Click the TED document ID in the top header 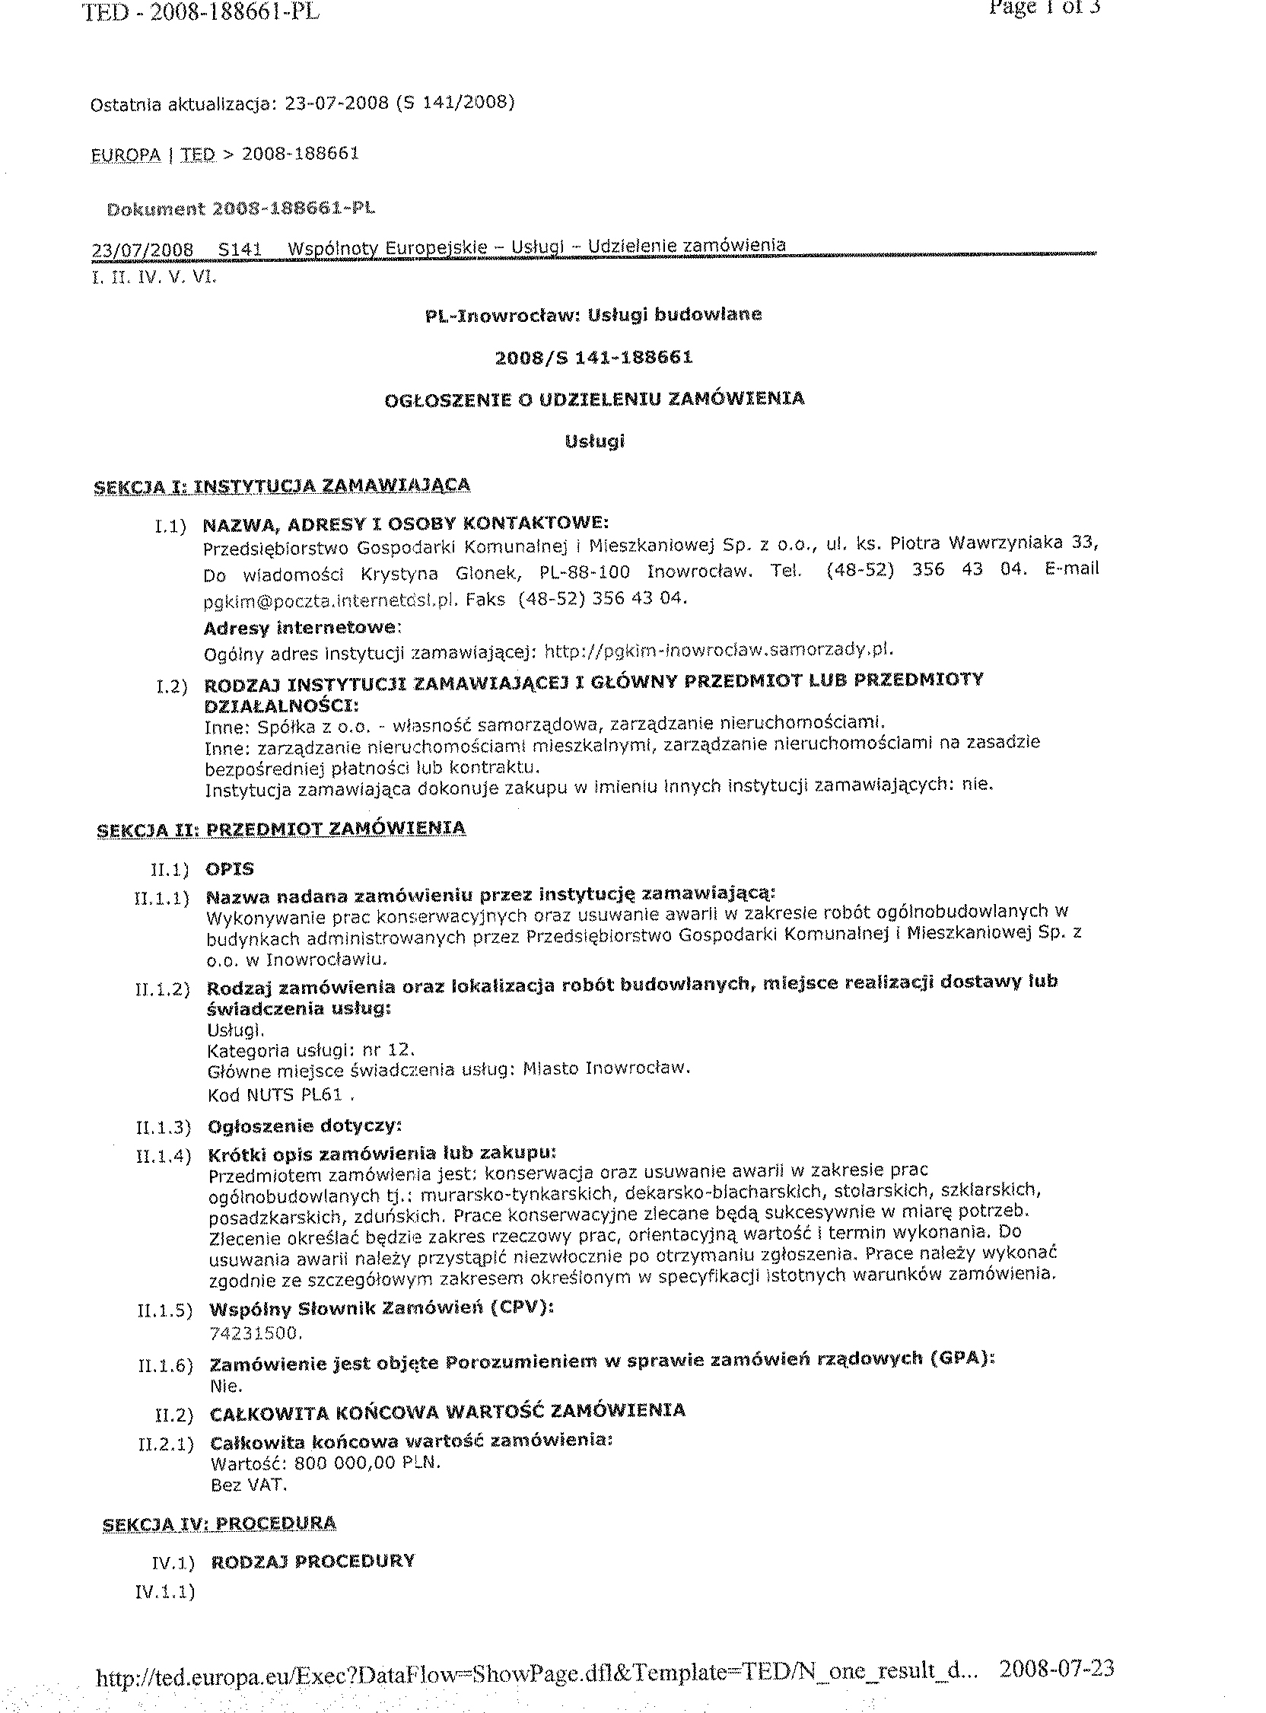[200, 13]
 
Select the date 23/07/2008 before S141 [142, 250]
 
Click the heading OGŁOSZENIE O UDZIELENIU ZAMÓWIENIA [594, 399]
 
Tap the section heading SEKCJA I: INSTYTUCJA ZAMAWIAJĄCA [282, 486]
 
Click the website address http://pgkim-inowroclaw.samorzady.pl [719, 651]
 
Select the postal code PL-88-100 [584, 572]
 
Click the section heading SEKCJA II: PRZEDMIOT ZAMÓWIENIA [282, 829]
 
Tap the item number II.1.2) [163, 989]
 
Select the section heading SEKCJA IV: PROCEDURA [219, 1522]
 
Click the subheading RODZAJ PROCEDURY [313, 1562]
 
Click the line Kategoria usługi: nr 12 [311, 1050]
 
